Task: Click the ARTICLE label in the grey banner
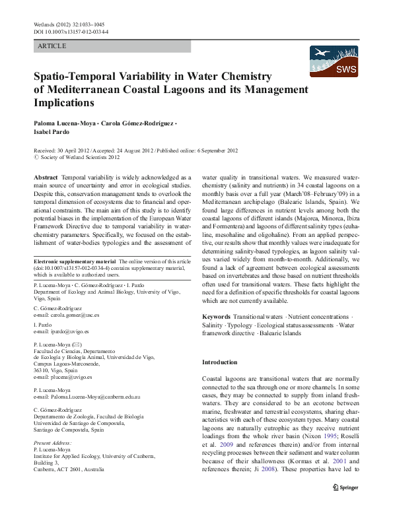(53, 46)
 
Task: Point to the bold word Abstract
(46, 178)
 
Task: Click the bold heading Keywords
(217, 317)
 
